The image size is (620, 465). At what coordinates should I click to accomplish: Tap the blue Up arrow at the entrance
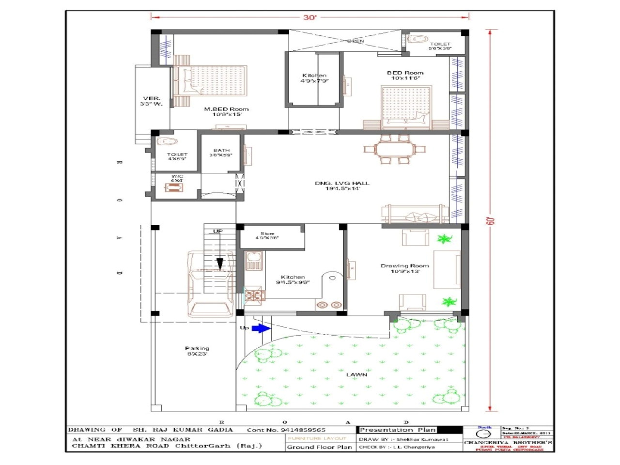click(x=261, y=328)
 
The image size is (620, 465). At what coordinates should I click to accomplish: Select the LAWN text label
click(x=356, y=374)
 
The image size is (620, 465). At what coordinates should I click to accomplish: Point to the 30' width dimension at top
click(x=310, y=17)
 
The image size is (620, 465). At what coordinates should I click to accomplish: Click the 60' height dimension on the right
click(x=490, y=220)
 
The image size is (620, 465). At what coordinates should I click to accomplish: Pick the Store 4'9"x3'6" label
click(x=267, y=236)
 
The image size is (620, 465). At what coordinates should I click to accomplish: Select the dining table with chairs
click(x=395, y=149)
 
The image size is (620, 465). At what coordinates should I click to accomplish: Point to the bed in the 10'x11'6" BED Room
click(x=406, y=107)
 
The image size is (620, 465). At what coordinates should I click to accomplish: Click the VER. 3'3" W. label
click(x=152, y=101)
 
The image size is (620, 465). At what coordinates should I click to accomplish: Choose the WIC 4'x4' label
click(x=177, y=178)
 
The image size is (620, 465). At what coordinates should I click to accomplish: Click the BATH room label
click(x=221, y=153)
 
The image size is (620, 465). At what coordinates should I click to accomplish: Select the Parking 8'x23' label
click(x=197, y=351)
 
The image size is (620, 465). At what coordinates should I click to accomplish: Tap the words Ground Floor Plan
click(x=319, y=447)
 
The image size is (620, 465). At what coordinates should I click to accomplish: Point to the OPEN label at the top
click(x=356, y=41)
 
